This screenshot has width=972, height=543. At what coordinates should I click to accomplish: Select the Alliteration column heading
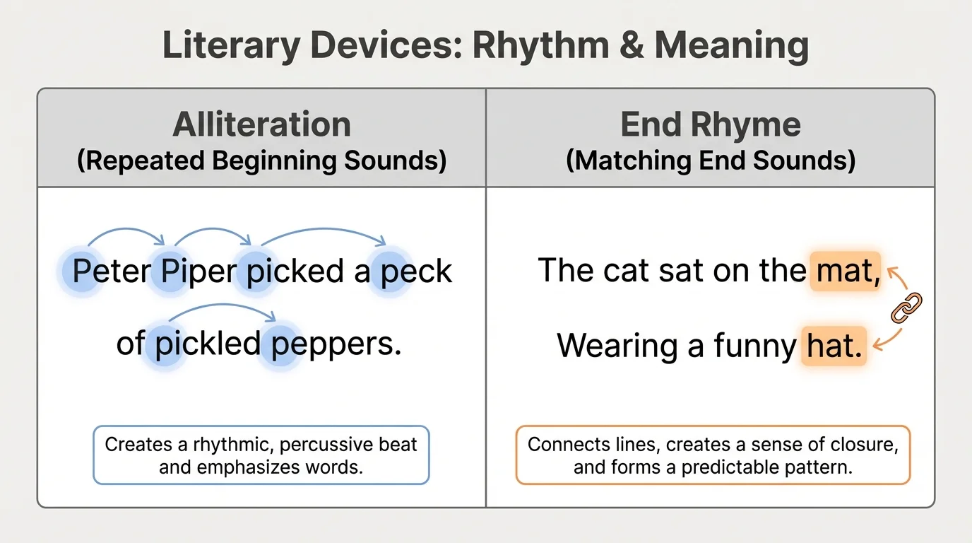(x=261, y=125)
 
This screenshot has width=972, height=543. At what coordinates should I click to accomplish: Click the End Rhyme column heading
(x=711, y=125)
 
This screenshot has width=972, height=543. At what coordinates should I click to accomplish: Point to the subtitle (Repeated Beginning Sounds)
(x=261, y=161)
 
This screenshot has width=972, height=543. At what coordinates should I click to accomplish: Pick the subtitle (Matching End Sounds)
(x=711, y=161)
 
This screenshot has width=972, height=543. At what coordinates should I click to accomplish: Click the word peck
(x=416, y=271)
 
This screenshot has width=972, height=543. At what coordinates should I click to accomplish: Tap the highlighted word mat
(x=845, y=271)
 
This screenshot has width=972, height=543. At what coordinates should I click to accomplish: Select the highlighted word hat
(x=834, y=346)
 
